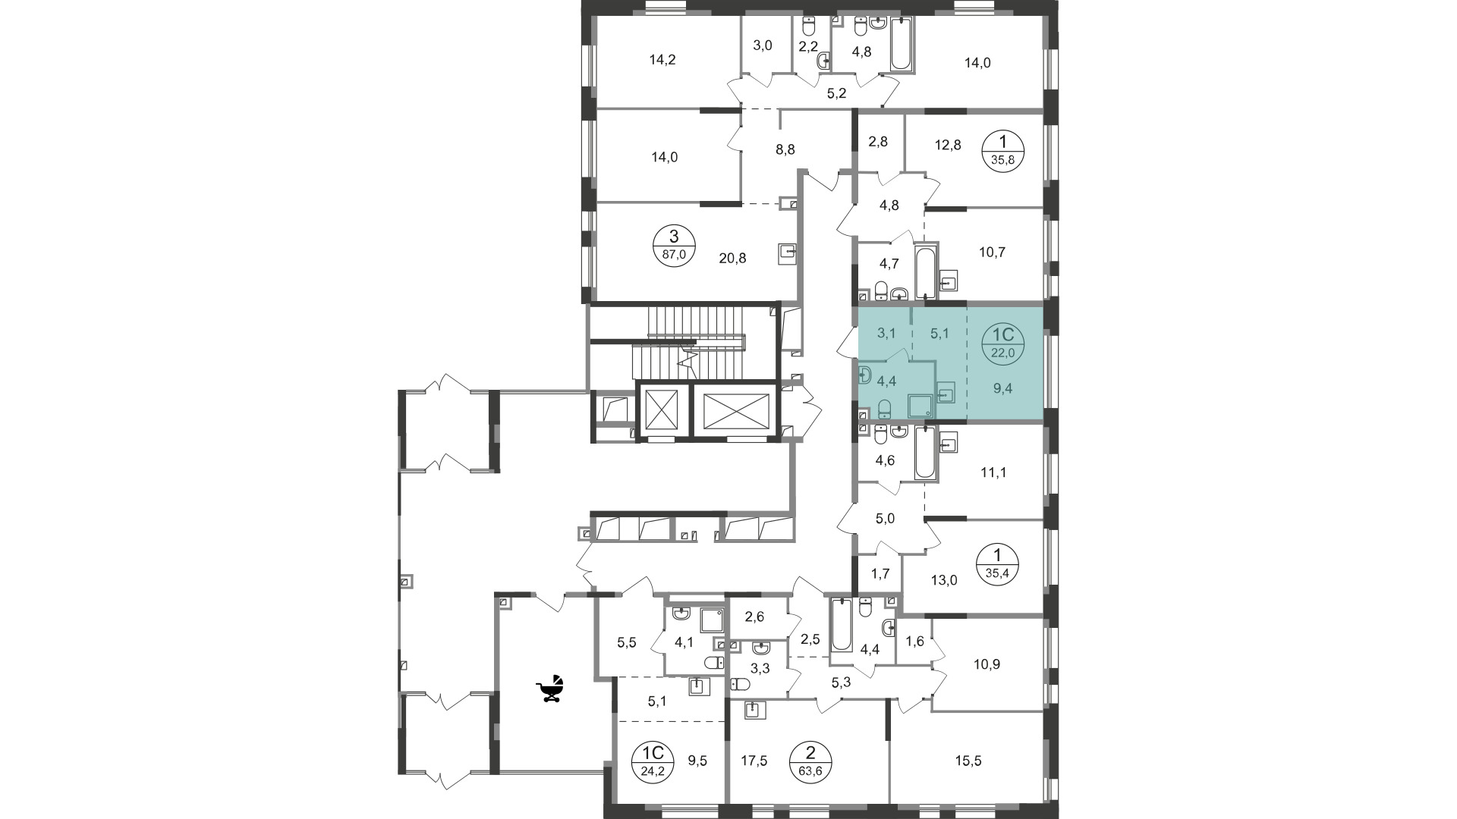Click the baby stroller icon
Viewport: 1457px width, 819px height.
coord(551,689)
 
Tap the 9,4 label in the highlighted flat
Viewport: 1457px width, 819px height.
coord(1002,388)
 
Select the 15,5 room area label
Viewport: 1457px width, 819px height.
coord(968,761)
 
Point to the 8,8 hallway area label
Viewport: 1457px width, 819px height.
coord(785,149)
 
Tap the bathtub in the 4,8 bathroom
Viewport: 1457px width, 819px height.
coord(901,44)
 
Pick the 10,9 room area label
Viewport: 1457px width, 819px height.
coord(987,664)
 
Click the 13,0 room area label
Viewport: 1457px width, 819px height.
coord(943,581)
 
